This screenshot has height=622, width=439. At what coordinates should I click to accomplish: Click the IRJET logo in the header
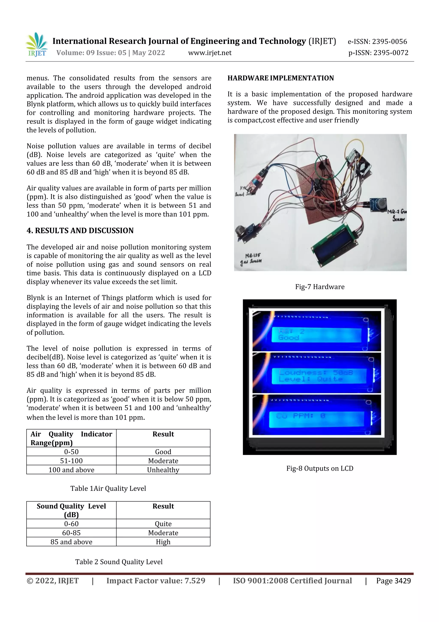(37, 45)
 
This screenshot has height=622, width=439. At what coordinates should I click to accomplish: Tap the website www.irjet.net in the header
(210, 53)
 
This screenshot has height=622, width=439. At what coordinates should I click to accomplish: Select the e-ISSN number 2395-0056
(377, 41)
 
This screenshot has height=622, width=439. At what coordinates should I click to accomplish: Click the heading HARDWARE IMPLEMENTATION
(281, 78)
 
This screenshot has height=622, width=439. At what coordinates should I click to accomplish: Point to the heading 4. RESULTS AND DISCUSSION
(80, 231)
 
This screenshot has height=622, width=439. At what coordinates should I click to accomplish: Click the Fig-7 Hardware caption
(320, 287)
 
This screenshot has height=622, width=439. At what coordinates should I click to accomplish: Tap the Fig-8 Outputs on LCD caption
(320, 468)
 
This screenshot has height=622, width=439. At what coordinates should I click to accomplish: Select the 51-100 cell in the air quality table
(71, 461)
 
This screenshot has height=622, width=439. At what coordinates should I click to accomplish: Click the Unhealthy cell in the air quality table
(163, 470)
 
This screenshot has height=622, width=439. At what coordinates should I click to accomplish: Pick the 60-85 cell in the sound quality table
(71, 533)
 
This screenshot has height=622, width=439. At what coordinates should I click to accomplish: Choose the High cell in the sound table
(163, 542)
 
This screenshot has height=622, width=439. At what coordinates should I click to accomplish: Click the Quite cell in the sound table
(163, 524)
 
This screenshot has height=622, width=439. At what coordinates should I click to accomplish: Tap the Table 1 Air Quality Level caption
(108, 488)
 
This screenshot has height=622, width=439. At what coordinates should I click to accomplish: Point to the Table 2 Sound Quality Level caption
(119, 562)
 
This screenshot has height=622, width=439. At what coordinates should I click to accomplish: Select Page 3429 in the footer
(393, 581)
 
